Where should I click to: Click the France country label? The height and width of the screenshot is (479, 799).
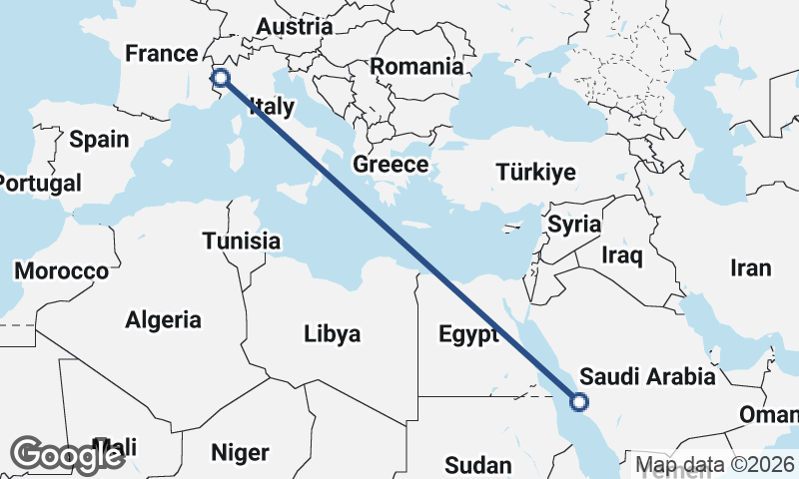pyautogui.click(x=162, y=53)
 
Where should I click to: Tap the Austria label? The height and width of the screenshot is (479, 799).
pyautogui.click(x=294, y=27)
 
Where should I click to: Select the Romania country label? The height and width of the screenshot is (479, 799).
pyautogui.click(x=417, y=67)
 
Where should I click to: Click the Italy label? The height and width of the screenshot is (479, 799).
pyautogui.click(x=272, y=106)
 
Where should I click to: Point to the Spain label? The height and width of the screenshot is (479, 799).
pyautogui.click(x=99, y=139)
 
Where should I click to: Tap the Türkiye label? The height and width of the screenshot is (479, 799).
pyautogui.click(x=535, y=172)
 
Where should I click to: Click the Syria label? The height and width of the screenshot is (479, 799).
pyautogui.click(x=574, y=224)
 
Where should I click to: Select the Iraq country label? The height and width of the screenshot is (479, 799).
pyautogui.click(x=622, y=255)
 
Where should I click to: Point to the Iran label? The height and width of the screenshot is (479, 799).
pyautogui.click(x=751, y=267)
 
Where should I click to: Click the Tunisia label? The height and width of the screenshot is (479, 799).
pyautogui.click(x=241, y=240)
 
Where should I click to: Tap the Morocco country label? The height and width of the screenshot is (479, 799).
pyautogui.click(x=61, y=270)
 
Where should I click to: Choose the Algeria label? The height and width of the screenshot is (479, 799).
pyautogui.click(x=163, y=320)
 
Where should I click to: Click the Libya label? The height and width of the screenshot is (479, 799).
pyautogui.click(x=332, y=333)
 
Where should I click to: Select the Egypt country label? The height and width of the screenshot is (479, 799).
pyautogui.click(x=468, y=333)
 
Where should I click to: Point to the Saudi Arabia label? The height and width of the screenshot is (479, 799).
pyautogui.click(x=647, y=376)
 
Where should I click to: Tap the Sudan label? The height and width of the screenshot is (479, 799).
pyautogui.click(x=477, y=464)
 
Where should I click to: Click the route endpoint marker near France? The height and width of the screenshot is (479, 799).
pyautogui.click(x=221, y=77)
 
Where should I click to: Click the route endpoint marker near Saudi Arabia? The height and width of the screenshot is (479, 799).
pyautogui.click(x=577, y=402)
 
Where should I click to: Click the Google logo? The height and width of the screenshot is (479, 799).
pyautogui.click(x=67, y=455)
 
